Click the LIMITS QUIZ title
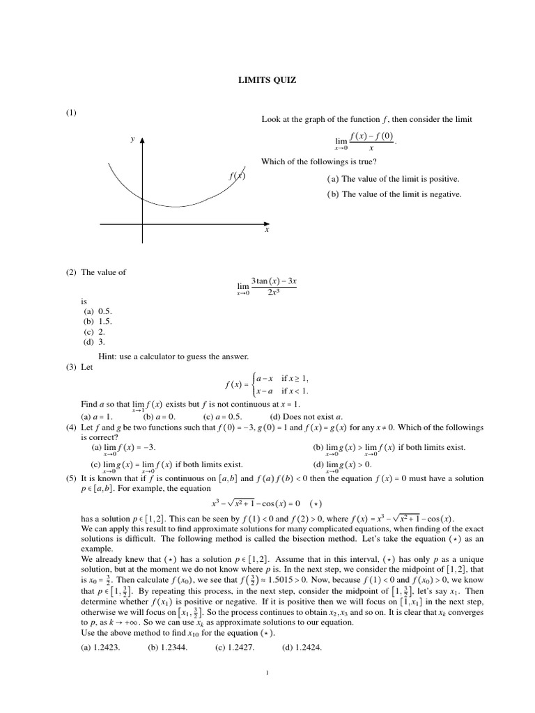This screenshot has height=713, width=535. point(267,81)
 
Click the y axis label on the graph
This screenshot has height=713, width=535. point(132,139)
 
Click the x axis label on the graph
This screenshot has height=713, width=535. point(266,230)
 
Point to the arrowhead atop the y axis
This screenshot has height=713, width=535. point(142,140)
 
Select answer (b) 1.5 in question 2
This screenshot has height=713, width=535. point(98,322)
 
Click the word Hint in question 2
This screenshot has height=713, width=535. point(109,356)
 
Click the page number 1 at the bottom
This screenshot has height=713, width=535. point(267,673)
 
